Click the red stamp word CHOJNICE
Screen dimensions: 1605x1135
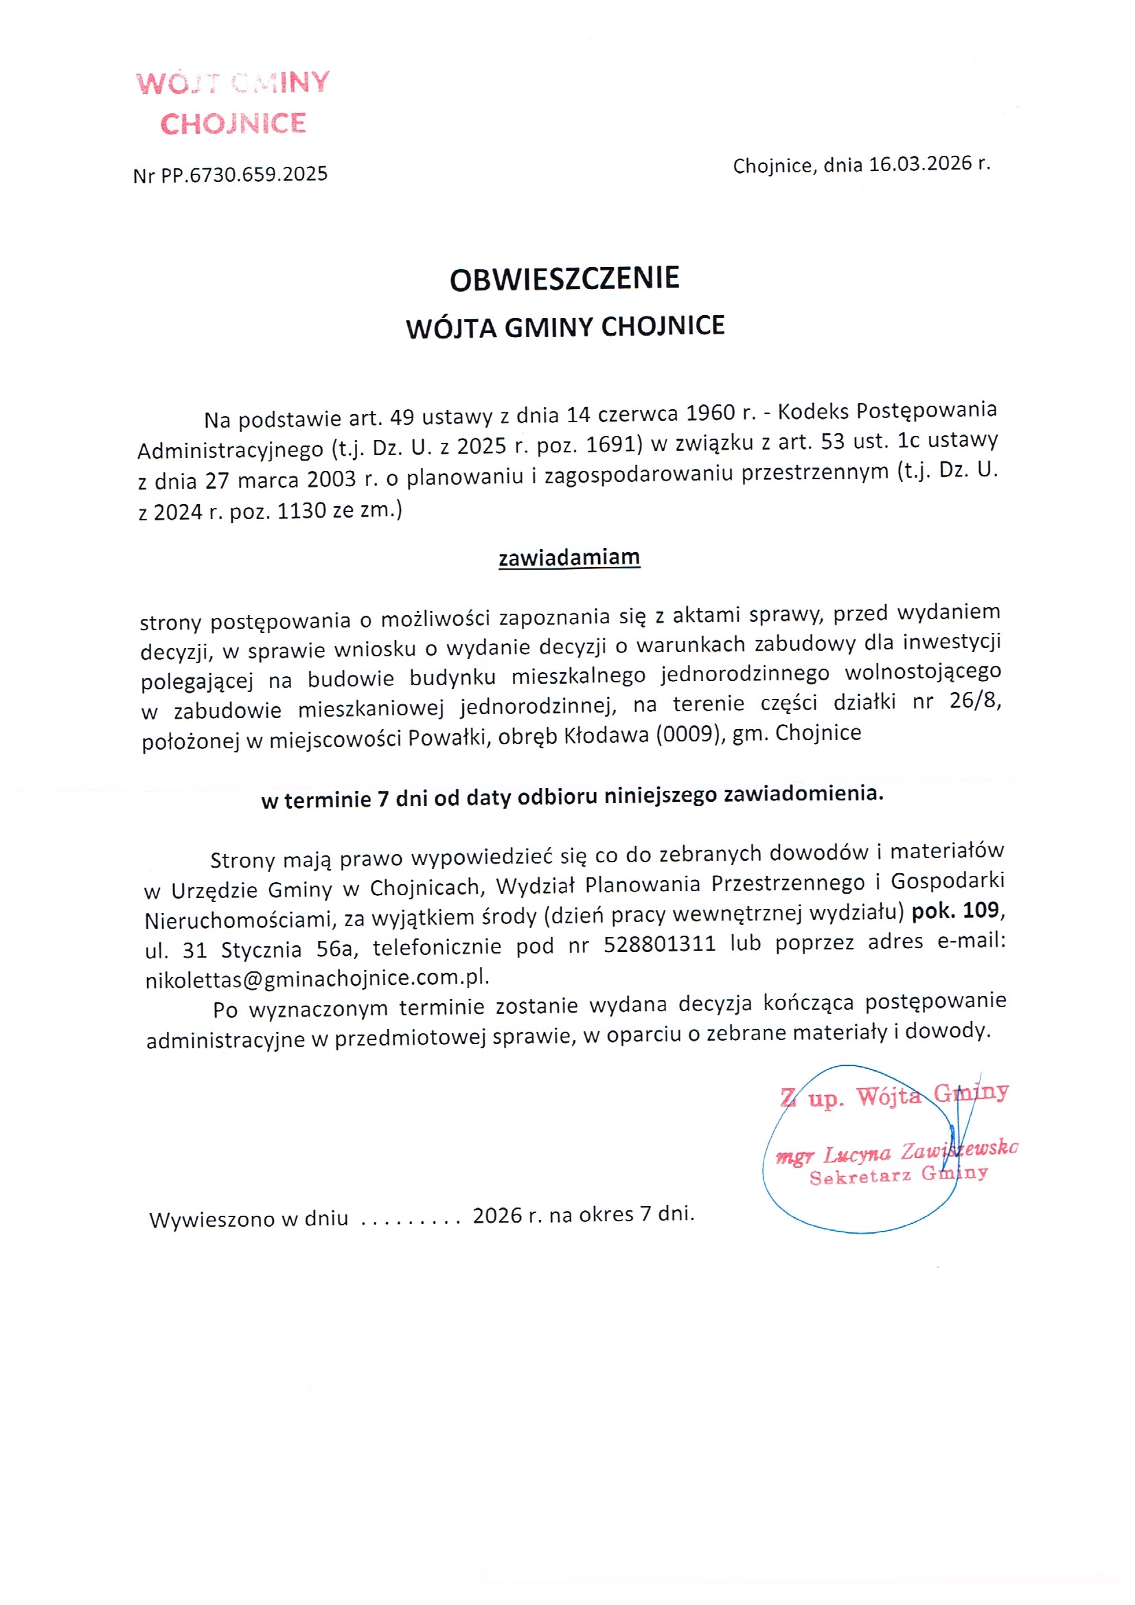point(233,124)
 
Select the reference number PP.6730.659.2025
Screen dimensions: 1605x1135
point(244,174)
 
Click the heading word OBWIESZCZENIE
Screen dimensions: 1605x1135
point(564,279)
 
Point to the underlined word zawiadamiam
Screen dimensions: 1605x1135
point(569,557)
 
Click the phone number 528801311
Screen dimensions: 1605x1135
point(659,944)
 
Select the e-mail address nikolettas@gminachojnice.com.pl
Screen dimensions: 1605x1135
point(316,978)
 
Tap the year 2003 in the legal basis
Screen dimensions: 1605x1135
point(332,481)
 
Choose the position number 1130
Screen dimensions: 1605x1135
point(301,511)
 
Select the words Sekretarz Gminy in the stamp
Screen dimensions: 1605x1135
point(899,1175)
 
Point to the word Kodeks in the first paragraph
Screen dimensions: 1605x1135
point(813,412)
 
